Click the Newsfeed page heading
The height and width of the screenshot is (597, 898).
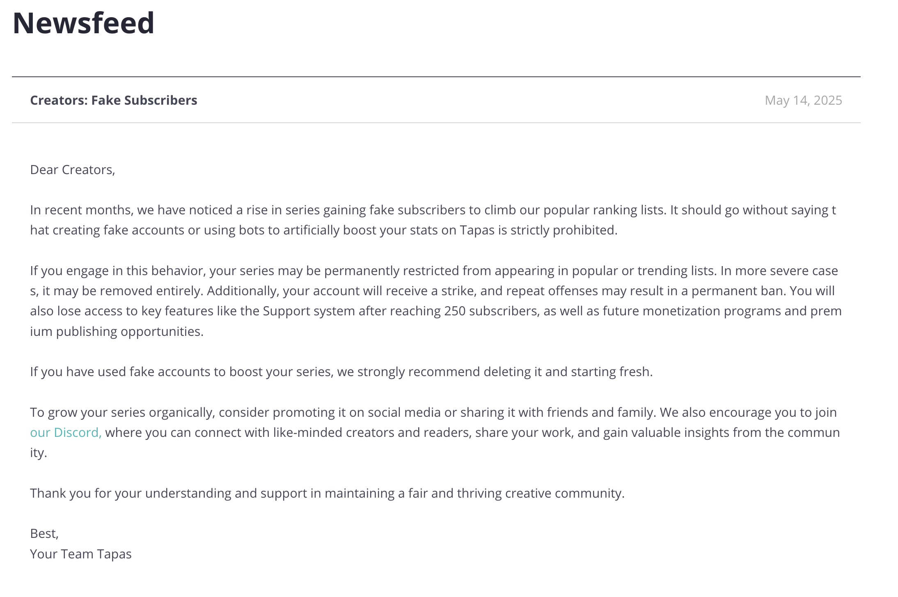click(x=83, y=23)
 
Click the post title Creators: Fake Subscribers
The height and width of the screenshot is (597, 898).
click(x=114, y=100)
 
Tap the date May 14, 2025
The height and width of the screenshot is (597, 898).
click(x=803, y=100)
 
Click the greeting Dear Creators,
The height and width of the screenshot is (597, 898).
click(x=73, y=170)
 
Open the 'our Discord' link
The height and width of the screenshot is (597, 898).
click(x=66, y=432)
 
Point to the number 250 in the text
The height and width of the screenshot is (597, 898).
click(x=455, y=311)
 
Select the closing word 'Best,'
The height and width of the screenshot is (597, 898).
click(x=44, y=533)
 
